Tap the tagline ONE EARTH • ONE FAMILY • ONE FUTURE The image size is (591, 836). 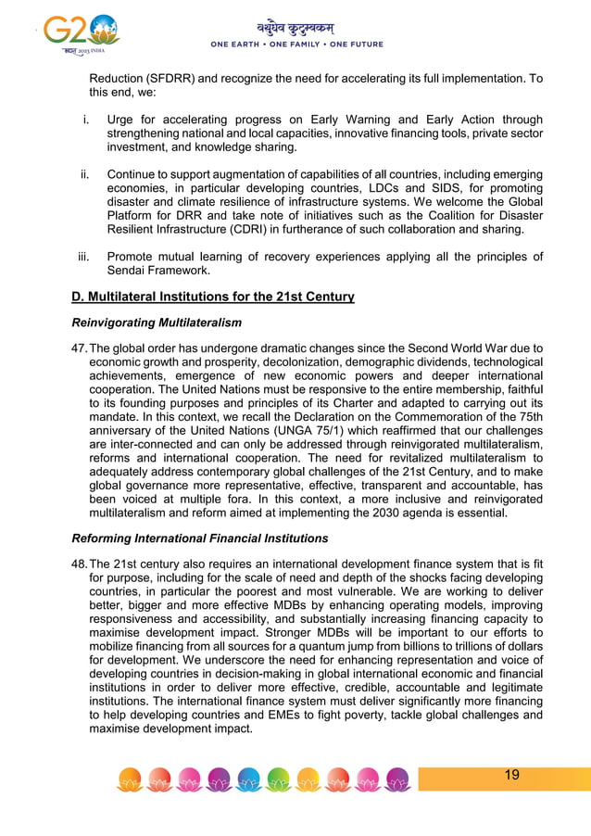296,44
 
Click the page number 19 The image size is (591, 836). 511,775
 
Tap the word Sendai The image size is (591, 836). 129,270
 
